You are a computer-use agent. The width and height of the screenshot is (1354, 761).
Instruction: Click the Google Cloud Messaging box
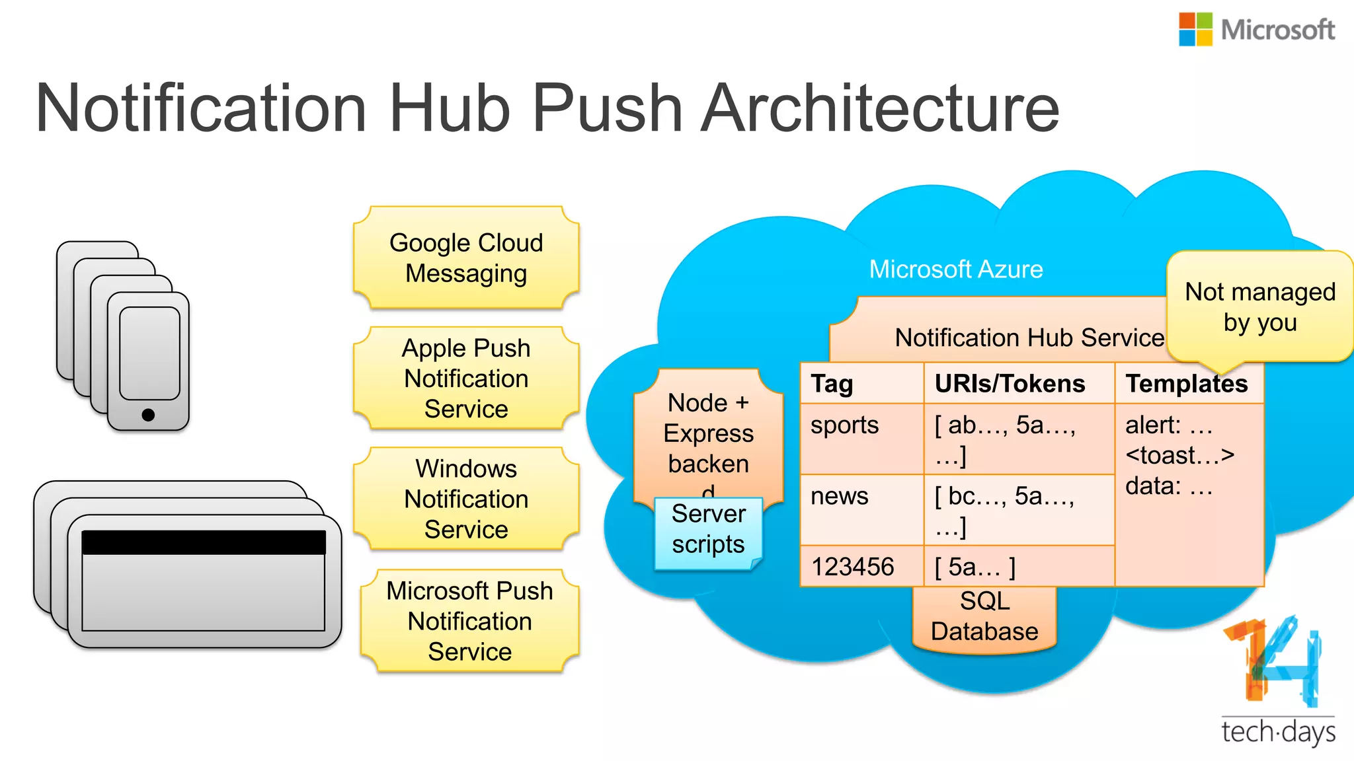(x=466, y=258)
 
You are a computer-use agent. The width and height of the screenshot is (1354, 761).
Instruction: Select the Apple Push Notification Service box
(x=466, y=378)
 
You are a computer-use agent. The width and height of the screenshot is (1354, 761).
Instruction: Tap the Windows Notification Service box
(x=466, y=499)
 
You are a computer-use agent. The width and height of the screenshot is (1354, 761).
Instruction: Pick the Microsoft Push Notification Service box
(x=469, y=621)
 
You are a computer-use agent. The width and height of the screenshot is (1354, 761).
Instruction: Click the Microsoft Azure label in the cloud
(x=955, y=270)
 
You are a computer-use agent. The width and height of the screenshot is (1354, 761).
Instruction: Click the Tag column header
(x=832, y=384)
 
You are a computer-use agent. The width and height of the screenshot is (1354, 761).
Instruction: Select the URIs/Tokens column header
(x=1010, y=384)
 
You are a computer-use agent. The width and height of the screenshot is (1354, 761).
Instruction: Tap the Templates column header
(x=1186, y=384)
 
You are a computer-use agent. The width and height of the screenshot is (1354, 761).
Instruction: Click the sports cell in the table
(x=845, y=425)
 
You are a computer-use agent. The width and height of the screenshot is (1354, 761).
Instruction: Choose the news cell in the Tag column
(x=840, y=496)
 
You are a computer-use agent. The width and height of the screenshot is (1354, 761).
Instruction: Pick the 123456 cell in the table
(x=852, y=567)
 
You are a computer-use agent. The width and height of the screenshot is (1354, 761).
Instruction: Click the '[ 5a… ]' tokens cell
(x=975, y=567)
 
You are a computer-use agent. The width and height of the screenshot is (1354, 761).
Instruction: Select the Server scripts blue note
(x=708, y=530)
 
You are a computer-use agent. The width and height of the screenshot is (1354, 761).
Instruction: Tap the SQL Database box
(x=984, y=617)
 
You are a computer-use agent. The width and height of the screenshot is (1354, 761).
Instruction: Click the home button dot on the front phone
(x=148, y=415)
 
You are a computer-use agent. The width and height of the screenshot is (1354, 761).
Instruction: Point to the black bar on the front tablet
(x=204, y=542)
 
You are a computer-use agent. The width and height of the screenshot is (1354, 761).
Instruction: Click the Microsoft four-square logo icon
(x=1195, y=29)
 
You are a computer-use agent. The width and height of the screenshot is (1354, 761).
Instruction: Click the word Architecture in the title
(x=879, y=108)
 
